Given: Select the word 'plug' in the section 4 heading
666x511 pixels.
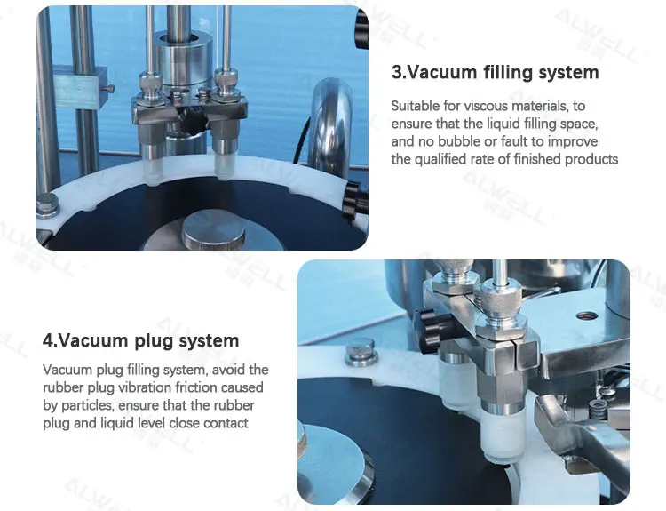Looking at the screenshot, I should (163, 340).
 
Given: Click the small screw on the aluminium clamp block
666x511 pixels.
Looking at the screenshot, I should (107, 88).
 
